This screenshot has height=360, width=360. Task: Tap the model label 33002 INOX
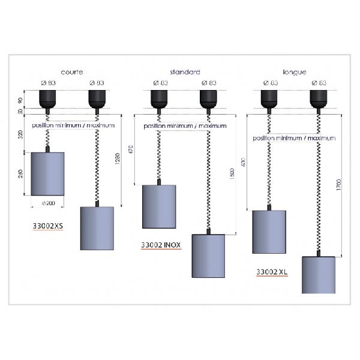pyautogui.click(x=161, y=245)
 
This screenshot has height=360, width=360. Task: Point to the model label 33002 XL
pyautogui.click(x=272, y=271)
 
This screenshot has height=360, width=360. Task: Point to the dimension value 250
pyautogui.click(x=21, y=173)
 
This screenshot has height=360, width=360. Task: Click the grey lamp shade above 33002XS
pyautogui.click(x=47, y=173)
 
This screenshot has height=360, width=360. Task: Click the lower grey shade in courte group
pyautogui.click(x=97, y=228)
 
